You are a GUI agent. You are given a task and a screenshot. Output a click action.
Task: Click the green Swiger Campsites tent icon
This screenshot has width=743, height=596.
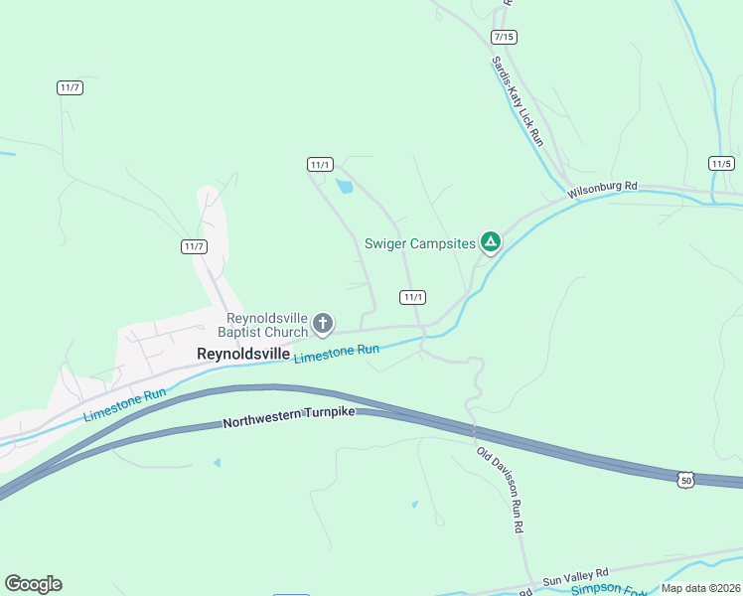(x=490, y=241)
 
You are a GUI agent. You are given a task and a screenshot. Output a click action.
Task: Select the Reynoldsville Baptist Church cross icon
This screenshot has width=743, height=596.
(x=322, y=323)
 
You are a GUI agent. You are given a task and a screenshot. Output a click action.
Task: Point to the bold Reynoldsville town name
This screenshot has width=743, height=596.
(x=243, y=354)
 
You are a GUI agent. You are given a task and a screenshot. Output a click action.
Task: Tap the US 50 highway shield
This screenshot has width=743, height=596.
(x=685, y=480)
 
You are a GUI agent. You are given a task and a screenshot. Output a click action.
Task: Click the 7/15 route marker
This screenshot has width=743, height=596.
(x=504, y=37)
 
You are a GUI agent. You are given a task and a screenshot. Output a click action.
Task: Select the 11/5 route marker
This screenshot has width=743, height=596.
(x=721, y=163)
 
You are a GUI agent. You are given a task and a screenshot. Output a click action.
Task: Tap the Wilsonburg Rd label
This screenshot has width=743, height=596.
(x=602, y=188)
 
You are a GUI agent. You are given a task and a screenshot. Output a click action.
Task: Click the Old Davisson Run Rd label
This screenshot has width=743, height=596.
(x=500, y=491)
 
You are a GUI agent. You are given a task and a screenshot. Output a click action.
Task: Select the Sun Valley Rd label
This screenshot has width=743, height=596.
(x=575, y=576)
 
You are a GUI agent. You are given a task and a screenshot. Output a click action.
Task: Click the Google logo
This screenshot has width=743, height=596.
(x=33, y=584)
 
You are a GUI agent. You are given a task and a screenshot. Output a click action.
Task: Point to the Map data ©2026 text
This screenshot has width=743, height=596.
(x=700, y=588)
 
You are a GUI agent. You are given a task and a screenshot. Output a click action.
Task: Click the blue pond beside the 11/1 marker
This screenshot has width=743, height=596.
(x=345, y=186)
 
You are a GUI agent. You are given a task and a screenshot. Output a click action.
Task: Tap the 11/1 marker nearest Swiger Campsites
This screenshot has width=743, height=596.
(x=413, y=297)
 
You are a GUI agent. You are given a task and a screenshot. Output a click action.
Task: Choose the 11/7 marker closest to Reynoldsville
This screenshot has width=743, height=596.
(x=194, y=246)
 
